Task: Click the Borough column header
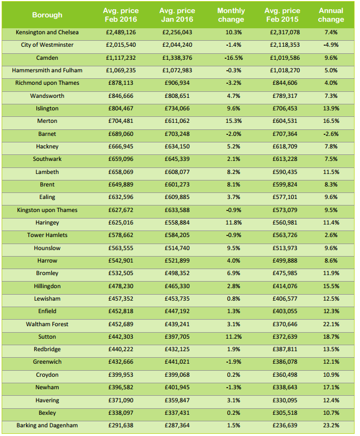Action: click(x=47, y=15)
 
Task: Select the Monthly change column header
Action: click(x=231, y=15)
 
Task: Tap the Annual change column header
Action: click(x=331, y=15)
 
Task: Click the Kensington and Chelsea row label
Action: click(x=47, y=33)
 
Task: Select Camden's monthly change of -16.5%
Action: click(x=231, y=58)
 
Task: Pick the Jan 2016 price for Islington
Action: click(x=177, y=109)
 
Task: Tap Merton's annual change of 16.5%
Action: click(x=331, y=121)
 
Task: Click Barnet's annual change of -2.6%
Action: click(x=331, y=134)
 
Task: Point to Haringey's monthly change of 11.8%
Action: click(x=231, y=223)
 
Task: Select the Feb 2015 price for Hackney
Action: click(x=282, y=147)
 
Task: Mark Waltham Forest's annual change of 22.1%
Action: click(x=331, y=325)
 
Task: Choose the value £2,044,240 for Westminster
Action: click(x=177, y=45)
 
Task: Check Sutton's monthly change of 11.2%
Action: click(x=231, y=337)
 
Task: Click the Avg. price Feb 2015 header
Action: click(x=282, y=15)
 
